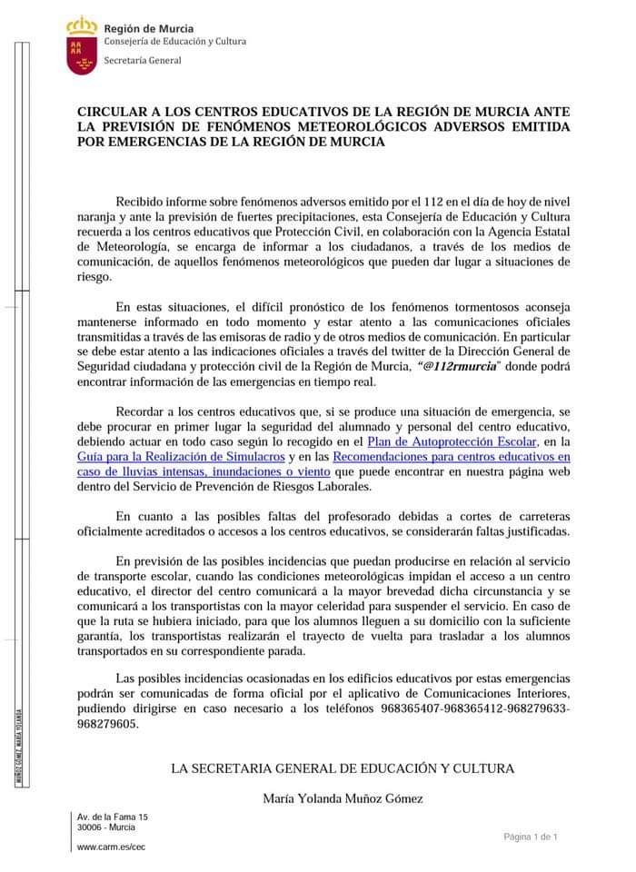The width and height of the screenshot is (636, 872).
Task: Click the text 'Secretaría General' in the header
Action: (x=143, y=61)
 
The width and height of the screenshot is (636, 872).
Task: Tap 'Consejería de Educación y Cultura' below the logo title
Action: (x=174, y=41)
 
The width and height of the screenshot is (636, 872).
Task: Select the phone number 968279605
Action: (x=109, y=724)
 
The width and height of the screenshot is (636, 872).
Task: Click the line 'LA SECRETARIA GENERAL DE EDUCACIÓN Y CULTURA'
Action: (x=342, y=768)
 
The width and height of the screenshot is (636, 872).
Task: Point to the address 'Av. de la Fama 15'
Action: (x=113, y=817)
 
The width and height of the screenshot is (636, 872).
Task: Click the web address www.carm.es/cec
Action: (x=111, y=847)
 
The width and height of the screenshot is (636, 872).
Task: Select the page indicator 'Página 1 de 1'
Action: (x=532, y=837)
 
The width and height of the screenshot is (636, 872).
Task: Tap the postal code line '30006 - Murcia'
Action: (x=106, y=827)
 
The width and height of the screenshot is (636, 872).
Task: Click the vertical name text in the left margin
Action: (x=20, y=746)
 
